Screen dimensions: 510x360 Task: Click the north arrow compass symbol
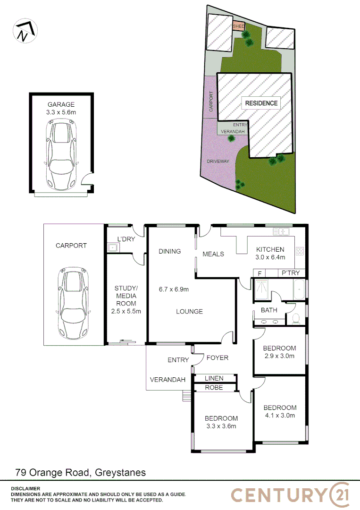[x=24, y=31]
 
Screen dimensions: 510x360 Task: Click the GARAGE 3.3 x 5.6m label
[x=61, y=108]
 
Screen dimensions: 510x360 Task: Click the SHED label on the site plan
[x=239, y=26]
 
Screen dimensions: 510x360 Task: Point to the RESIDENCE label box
[x=261, y=103]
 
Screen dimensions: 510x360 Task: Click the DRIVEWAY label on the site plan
[x=218, y=161]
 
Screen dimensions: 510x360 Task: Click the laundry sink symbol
[x=112, y=247]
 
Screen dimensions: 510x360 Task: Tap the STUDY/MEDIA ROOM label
[x=126, y=299]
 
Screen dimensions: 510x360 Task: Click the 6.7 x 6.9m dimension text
[x=174, y=289]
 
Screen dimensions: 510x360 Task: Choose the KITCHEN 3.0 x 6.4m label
[x=270, y=253]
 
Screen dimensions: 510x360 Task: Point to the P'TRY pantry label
[x=290, y=273]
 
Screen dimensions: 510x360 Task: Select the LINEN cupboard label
[x=214, y=378]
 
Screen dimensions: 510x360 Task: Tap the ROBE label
[x=214, y=388]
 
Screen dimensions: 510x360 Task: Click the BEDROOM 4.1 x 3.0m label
[x=280, y=411]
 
